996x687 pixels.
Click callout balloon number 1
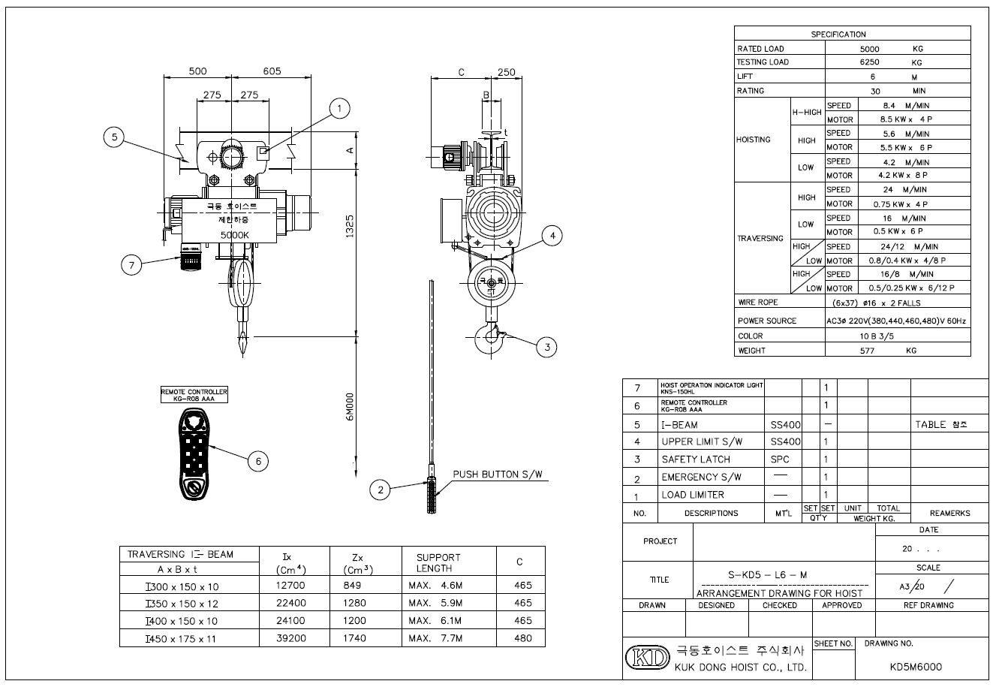click(x=339, y=109)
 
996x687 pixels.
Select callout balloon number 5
click(x=114, y=137)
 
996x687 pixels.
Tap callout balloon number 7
click(x=132, y=264)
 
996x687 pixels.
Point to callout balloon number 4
click(x=552, y=236)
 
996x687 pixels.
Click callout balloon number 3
click(x=547, y=346)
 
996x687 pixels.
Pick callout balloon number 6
click(x=257, y=461)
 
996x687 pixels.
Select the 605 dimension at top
click(x=272, y=71)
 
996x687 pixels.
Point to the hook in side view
click(x=490, y=337)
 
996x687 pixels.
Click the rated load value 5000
click(x=869, y=48)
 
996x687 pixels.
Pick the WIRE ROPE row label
click(x=758, y=303)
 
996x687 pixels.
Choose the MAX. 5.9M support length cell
click(x=435, y=603)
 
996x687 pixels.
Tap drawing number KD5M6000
click(x=915, y=667)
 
